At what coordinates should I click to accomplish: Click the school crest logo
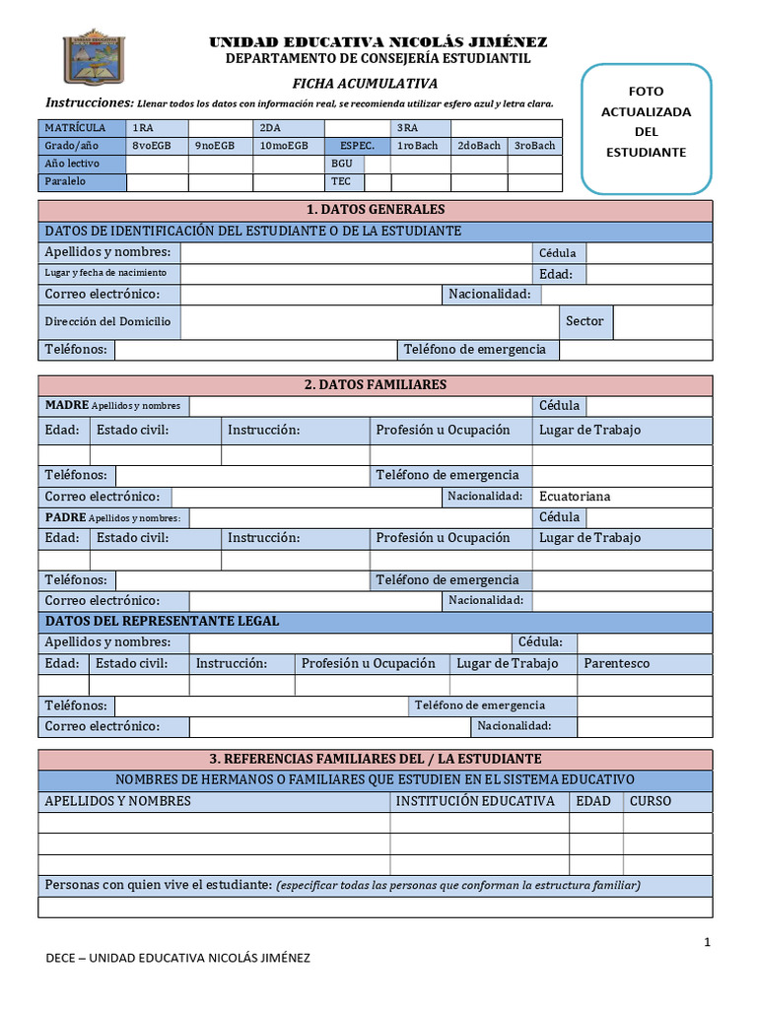pyautogui.click(x=95, y=57)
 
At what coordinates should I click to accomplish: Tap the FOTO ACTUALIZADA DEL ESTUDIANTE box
pyautogui.click(x=646, y=129)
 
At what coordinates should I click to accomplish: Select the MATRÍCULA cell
pyautogui.click(x=83, y=128)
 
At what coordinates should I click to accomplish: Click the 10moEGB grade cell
pyautogui.click(x=284, y=146)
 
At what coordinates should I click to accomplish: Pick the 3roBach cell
pyautogui.click(x=534, y=146)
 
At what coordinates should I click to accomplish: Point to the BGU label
pyautogui.click(x=342, y=164)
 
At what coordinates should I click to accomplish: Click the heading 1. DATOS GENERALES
pyautogui.click(x=375, y=210)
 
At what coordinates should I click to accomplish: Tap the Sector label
pyautogui.click(x=585, y=320)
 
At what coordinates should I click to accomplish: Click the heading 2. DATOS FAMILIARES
pyautogui.click(x=375, y=384)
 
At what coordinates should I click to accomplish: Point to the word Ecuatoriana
pyautogui.click(x=575, y=497)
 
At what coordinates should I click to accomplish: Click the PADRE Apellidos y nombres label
pyautogui.click(x=113, y=517)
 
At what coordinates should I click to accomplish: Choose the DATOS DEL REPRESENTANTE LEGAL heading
pyautogui.click(x=163, y=621)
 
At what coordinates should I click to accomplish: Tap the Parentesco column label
pyautogui.click(x=617, y=663)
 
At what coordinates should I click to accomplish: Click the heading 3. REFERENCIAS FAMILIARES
pyautogui.click(x=375, y=759)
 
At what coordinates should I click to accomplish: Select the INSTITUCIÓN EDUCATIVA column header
pyautogui.click(x=475, y=801)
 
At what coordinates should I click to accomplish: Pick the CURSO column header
pyautogui.click(x=651, y=801)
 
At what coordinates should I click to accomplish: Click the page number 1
pyautogui.click(x=707, y=943)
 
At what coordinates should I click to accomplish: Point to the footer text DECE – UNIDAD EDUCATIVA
pyautogui.click(x=179, y=958)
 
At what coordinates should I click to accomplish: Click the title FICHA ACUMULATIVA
pyautogui.click(x=365, y=84)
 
